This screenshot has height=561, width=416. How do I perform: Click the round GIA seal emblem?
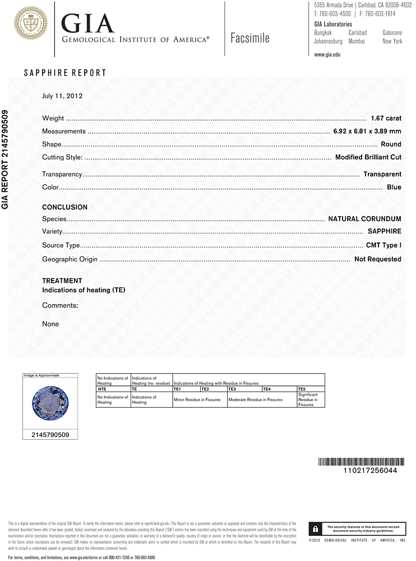31,24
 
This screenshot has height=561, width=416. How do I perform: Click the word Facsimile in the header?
249,38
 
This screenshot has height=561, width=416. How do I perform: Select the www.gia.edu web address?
327,54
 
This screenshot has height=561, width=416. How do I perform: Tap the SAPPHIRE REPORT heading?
64,73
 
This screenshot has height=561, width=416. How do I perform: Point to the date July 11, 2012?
62,95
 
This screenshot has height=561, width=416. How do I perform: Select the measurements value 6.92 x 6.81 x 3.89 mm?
367,131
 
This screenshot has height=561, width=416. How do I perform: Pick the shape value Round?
391,144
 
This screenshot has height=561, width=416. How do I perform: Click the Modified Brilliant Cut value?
368,157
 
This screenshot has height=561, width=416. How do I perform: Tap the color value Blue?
394,187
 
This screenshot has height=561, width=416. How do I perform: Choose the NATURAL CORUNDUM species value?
364,218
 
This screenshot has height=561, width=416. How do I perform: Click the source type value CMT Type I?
383,245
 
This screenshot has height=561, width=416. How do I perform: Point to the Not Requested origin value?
377,259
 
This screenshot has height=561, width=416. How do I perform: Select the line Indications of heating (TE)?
84,290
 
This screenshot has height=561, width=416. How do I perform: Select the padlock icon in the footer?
316,529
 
